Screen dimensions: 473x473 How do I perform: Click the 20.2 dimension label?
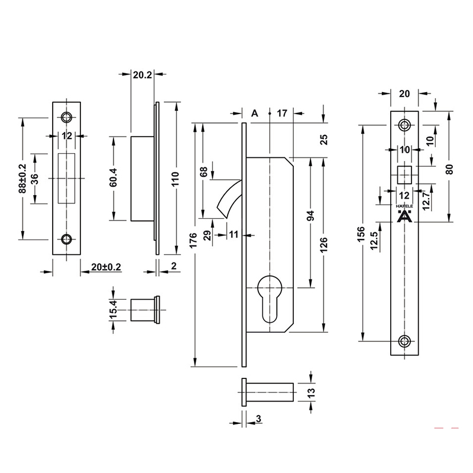[x=142, y=74]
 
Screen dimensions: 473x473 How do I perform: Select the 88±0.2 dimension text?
[x=22, y=179]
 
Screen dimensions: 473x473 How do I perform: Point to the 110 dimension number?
[x=174, y=179]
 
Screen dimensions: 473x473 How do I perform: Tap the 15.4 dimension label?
[x=113, y=310]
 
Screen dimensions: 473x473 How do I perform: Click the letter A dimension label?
[x=255, y=113]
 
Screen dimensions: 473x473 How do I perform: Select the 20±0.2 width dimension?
[x=106, y=267]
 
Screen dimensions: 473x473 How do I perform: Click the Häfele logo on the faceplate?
[x=404, y=215]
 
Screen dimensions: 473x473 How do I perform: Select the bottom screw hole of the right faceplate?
[x=404, y=341]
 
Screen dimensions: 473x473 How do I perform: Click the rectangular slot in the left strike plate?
[x=67, y=178]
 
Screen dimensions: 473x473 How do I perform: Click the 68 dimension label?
[x=204, y=172]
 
